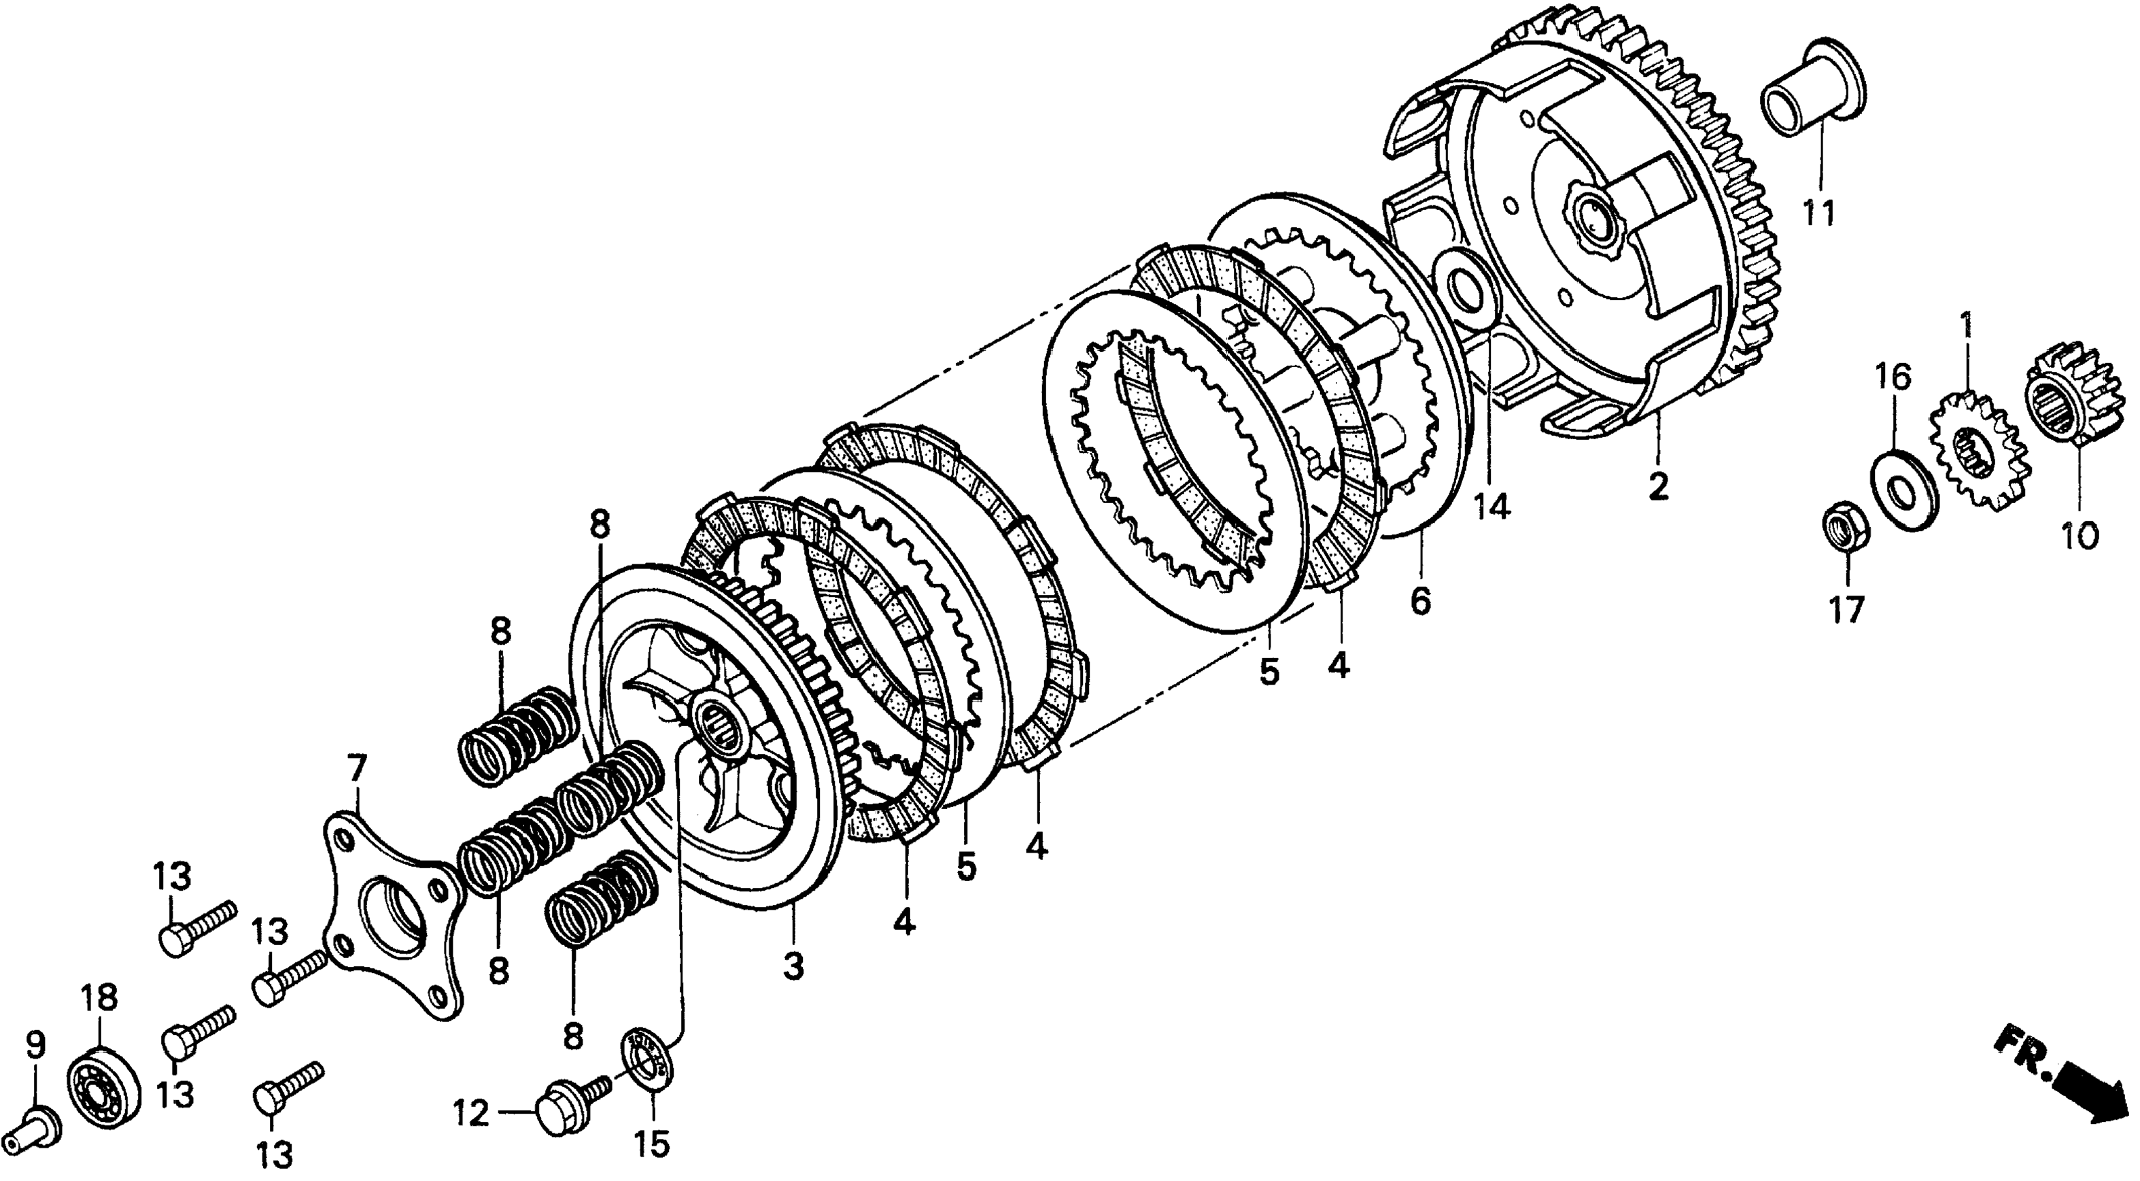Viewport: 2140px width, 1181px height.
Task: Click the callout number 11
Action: (1818, 213)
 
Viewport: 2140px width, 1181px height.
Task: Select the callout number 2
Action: (1657, 486)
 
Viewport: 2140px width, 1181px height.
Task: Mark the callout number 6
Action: (1421, 600)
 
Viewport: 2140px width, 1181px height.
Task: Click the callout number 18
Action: (100, 997)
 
